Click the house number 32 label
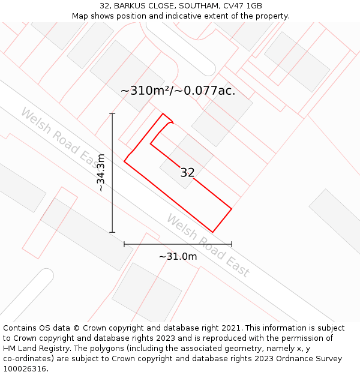(x=187, y=173)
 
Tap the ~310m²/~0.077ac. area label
(x=178, y=91)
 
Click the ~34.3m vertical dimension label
(x=101, y=173)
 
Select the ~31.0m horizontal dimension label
(x=178, y=256)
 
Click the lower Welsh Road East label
(x=208, y=245)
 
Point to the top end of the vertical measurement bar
(x=112, y=113)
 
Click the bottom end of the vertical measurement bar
(x=112, y=232)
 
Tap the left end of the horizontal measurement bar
(x=124, y=244)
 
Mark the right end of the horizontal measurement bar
(x=232, y=244)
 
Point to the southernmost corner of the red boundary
(x=213, y=232)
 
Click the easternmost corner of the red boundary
(x=232, y=209)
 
